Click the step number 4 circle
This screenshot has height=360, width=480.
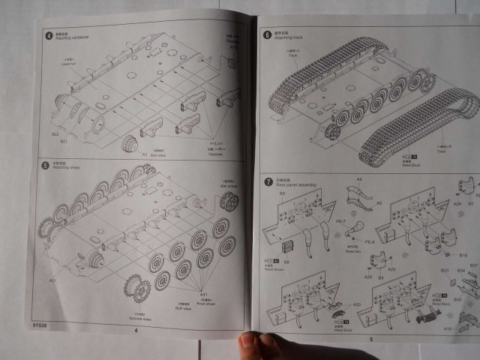click(48, 35)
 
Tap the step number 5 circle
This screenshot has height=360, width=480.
click(46, 164)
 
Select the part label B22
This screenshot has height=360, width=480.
click(55, 134)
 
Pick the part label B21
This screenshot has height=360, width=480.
click(64, 140)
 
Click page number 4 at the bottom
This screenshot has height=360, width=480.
click(136, 329)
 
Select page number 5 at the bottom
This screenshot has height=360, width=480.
click(370, 339)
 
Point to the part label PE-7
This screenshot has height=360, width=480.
click(340, 222)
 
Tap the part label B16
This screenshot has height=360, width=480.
click(463, 255)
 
